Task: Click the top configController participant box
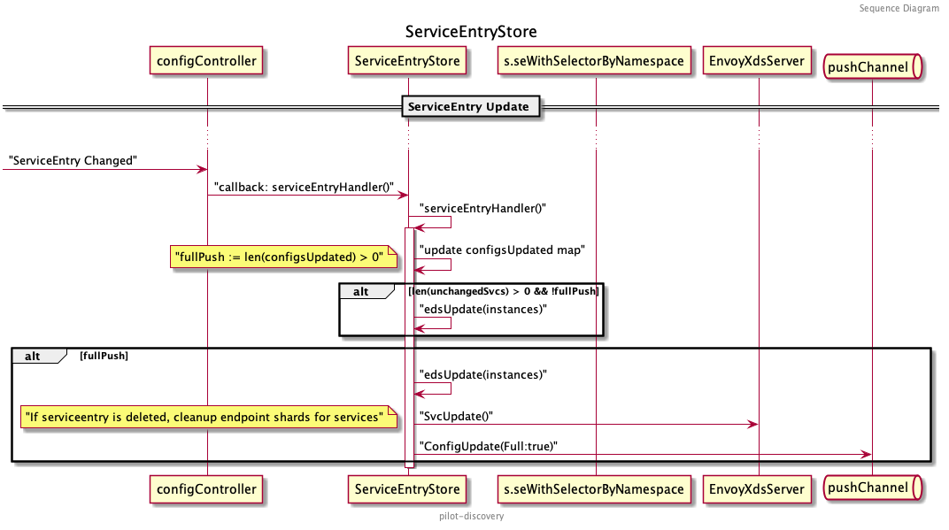click(x=206, y=61)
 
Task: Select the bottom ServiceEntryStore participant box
click(x=407, y=488)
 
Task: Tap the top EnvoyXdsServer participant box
click(x=759, y=61)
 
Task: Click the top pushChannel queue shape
click(x=872, y=64)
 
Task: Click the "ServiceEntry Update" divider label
click(x=468, y=107)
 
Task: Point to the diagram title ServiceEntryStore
click(x=471, y=32)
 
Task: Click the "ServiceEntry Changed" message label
click(x=73, y=160)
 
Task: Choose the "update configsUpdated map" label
click(x=502, y=250)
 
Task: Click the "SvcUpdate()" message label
click(x=456, y=416)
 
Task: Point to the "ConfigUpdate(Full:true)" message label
click(x=489, y=446)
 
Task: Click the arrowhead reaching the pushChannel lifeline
click(x=867, y=454)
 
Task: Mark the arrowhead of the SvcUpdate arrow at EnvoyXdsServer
click(x=753, y=425)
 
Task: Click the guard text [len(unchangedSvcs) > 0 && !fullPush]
click(x=503, y=290)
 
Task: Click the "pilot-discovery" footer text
click(x=471, y=516)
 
